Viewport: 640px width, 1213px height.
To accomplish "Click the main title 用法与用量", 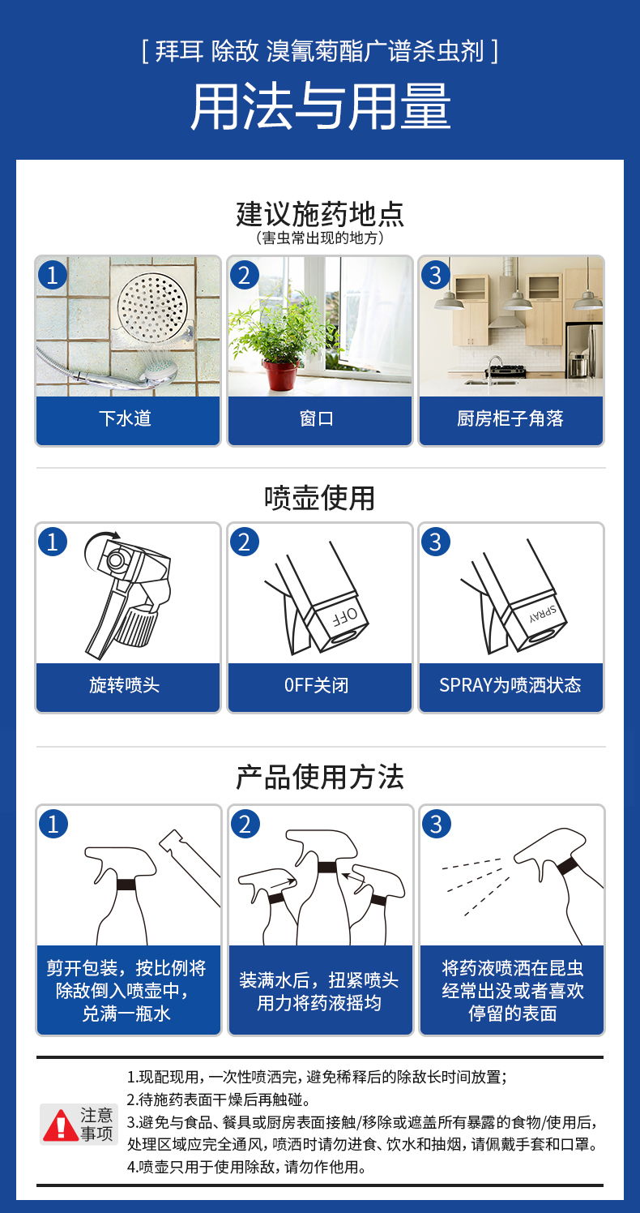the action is coord(320,106).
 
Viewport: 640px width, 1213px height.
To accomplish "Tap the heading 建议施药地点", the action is coord(320,214).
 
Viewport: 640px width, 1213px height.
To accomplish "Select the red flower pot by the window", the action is coord(281,374).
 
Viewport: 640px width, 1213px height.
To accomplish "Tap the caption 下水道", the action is coord(125,418).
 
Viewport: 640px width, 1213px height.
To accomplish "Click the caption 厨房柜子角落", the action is coord(510,418).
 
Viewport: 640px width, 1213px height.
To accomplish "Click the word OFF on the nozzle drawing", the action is coord(344,616).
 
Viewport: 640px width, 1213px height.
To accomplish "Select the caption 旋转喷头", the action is coord(125,685).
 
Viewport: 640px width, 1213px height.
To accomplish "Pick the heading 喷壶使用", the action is coord(320,498).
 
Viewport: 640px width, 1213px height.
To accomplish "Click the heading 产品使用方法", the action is coord(320,777).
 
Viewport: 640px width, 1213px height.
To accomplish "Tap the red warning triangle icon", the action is coord(61,1125).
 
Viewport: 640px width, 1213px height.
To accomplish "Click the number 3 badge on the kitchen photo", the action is coord(436,275).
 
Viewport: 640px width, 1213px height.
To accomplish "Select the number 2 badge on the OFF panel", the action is coord(244,542).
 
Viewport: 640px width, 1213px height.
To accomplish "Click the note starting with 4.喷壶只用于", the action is coord(247,1167).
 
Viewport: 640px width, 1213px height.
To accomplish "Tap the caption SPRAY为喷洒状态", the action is coord(510,685).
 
